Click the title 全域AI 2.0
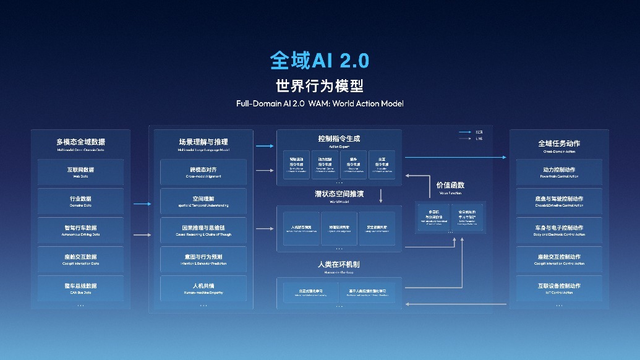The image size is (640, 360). (319, 60)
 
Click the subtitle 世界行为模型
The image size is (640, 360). (319, 85)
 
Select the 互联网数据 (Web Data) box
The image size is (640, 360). (81, 171)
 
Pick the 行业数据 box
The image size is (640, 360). (81, 200)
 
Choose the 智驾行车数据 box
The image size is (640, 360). (81, 229)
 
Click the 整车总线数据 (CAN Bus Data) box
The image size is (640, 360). (81, 288)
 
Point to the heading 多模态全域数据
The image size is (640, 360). (81, 143)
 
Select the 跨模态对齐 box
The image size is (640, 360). (203, 171)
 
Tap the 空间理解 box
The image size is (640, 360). (203, 200)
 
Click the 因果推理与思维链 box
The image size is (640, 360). (203, 229)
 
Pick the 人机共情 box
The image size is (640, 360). (203, 288)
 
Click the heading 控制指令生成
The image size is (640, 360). (339, 139)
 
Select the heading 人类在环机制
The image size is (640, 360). (339, 264)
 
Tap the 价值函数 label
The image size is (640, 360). (450, 185)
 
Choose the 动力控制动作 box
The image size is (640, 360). (559, 171)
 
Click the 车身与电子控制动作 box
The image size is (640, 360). (559, 229)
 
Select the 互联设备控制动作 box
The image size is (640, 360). (559, 288)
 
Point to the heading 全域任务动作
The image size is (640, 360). (559, 144)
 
